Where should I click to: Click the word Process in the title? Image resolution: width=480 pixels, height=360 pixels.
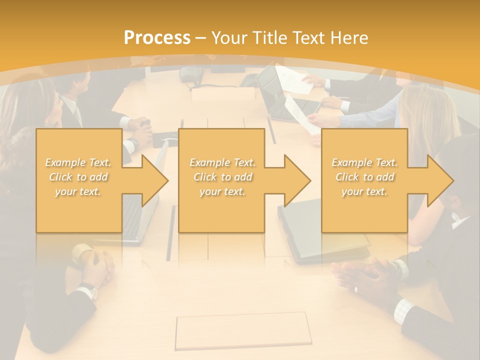click(x=157, y=37)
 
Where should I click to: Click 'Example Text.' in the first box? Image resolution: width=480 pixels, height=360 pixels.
click(x=78, y=162)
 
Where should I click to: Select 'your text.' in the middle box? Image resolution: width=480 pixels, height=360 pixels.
click(x=222, y=191)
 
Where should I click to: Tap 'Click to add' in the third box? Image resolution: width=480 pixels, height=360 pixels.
click(x=364, y=177)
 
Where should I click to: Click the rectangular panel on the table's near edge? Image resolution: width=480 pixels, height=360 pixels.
click(x=242, y=331)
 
